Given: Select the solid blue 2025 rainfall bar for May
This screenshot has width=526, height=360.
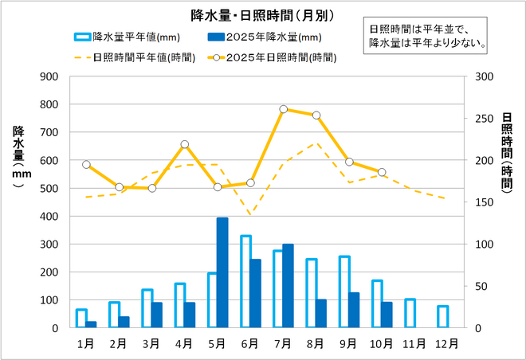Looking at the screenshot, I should pos(222,273).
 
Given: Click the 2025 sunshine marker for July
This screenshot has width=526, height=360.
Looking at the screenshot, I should pos(284,109).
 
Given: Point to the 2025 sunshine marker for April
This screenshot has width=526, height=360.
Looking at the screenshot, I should pos(185,144).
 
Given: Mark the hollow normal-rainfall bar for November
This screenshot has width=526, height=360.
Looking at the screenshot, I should pos(410,313).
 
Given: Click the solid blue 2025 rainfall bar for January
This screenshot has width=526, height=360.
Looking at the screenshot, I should pos(92,324).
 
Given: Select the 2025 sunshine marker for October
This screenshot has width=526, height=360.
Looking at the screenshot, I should pos(382,172).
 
